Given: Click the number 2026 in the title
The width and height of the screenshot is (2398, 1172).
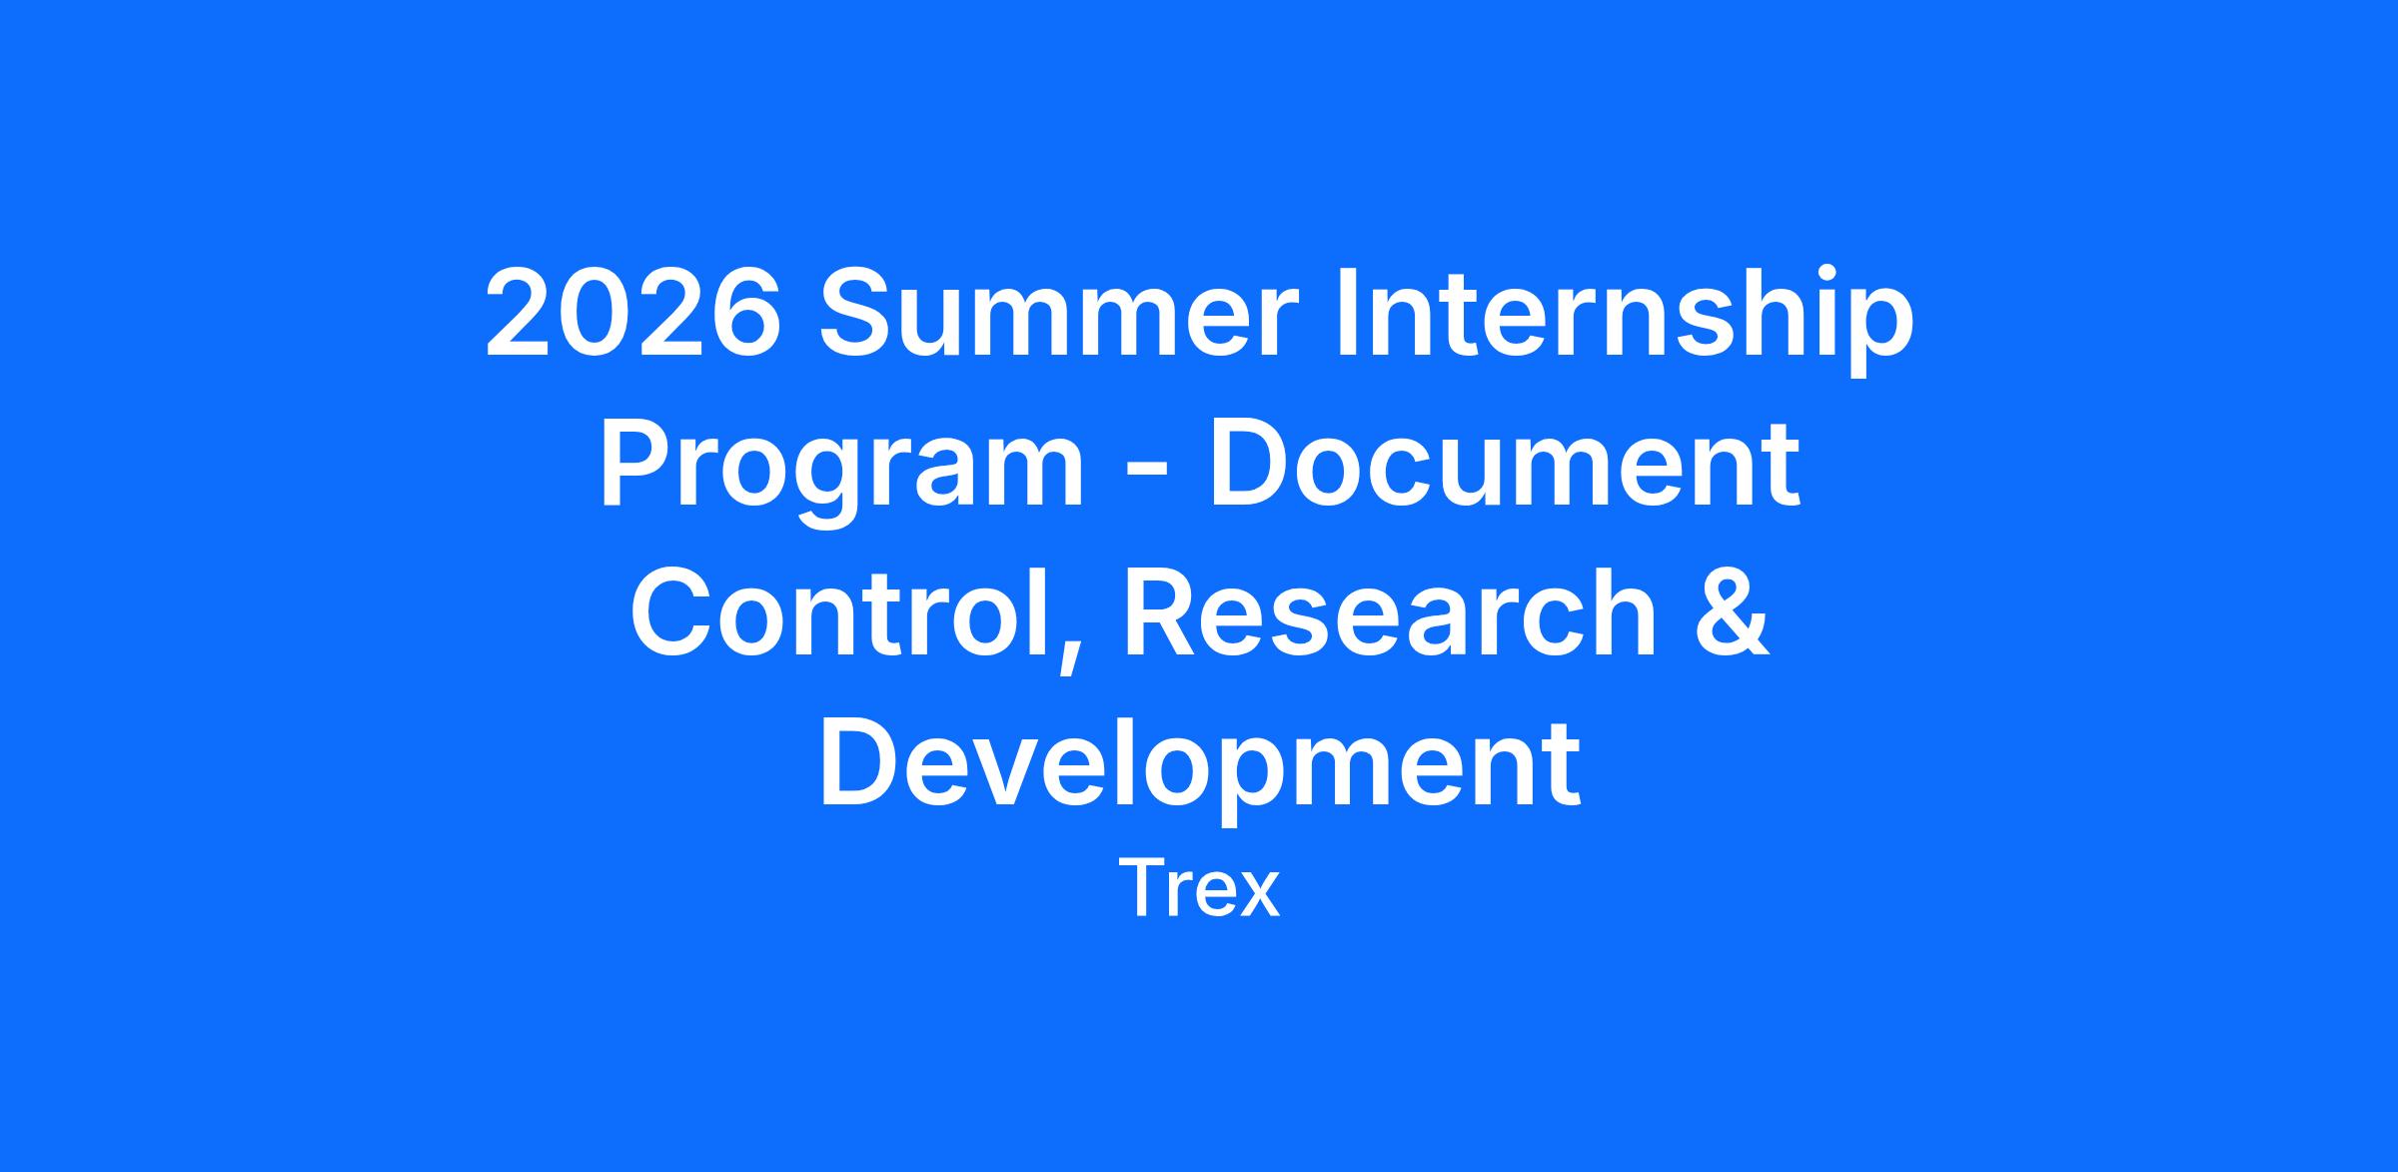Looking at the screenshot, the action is click(x=632, y=312).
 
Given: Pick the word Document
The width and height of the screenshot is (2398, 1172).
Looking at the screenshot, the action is click(x=1504, y=462).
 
